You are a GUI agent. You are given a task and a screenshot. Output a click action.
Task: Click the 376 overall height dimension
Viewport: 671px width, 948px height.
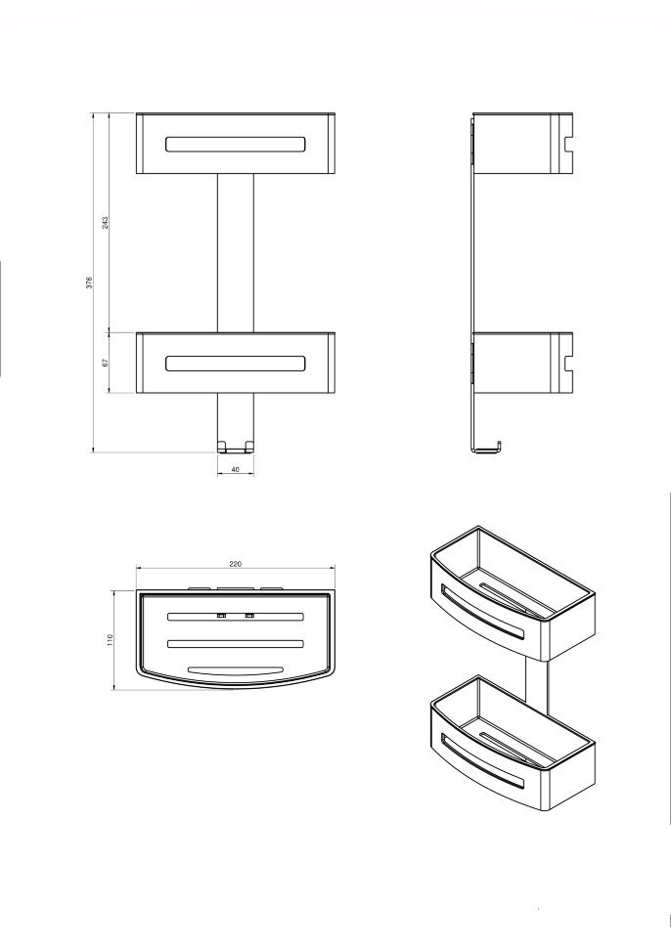tap(89, 281)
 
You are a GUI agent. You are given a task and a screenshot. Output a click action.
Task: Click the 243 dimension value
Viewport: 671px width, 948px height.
tap(105, 223)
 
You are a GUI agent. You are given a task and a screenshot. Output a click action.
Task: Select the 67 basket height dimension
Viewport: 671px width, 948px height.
tap(105, 363)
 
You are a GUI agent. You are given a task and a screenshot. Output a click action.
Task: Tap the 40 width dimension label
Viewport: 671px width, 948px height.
tap(236, 469)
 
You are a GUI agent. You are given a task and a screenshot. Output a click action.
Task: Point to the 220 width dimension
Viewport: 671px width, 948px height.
tap(236, 564)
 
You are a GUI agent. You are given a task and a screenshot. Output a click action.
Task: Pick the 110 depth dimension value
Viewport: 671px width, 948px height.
tap(111, 640)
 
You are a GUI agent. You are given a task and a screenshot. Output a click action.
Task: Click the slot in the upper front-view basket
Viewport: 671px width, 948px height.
tap(236, 144)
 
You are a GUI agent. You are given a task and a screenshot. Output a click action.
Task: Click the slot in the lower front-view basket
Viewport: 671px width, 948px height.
tap(236, 363)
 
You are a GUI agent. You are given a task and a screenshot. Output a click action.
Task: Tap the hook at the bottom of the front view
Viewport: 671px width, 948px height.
tap(236, 447)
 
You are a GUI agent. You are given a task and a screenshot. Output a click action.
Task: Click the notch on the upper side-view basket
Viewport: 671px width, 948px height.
tap(567, 145)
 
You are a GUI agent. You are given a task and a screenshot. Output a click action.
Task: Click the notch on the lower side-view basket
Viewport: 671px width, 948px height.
tap(567, 364)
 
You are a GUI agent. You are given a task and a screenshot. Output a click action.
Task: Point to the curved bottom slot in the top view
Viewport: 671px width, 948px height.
tap(236, 670)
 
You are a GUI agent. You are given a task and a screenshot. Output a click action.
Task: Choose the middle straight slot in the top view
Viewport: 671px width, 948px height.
tap(236, 643)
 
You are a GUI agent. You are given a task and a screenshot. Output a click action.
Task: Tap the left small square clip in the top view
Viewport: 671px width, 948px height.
tap(221, 616)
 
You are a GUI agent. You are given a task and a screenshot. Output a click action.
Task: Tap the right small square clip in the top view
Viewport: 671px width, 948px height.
tap(249, 616)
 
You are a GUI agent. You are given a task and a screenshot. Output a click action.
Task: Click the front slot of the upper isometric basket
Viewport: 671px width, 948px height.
tap(481, 612)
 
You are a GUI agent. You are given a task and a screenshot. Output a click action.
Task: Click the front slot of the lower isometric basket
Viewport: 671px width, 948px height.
tap(481, 760)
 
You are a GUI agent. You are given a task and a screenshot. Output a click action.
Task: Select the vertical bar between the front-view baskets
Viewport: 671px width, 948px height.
tap(236, 253)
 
